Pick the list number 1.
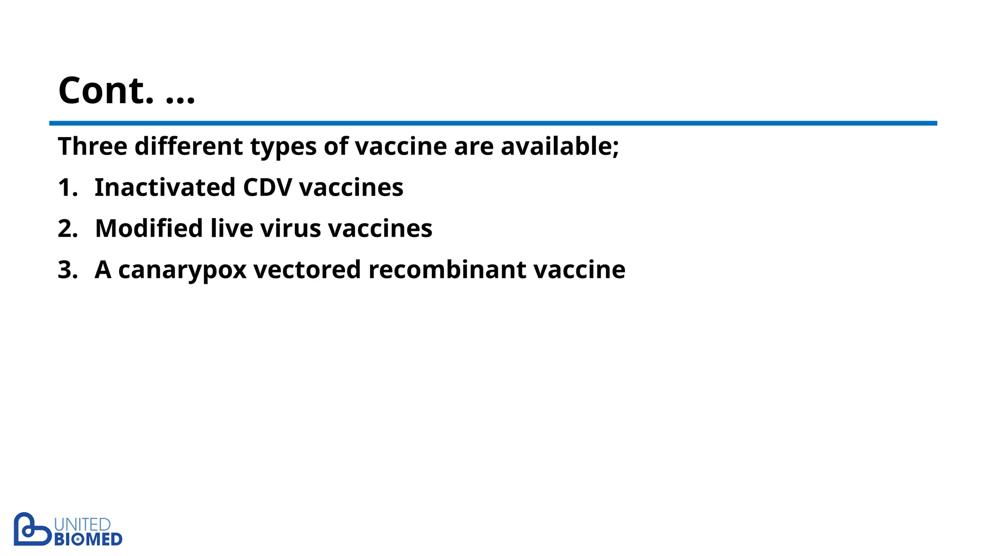67,187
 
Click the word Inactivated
165,187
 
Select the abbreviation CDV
267,187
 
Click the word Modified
149,228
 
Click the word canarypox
182,270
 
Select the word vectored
307,269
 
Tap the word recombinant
447,269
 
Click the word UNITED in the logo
82,525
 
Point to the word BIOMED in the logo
88,540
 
